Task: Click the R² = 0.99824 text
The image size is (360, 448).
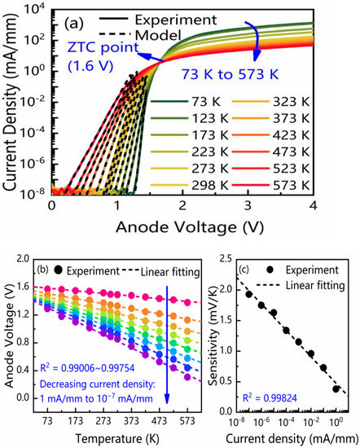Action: pyautogui.click(x=266, y=399)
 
